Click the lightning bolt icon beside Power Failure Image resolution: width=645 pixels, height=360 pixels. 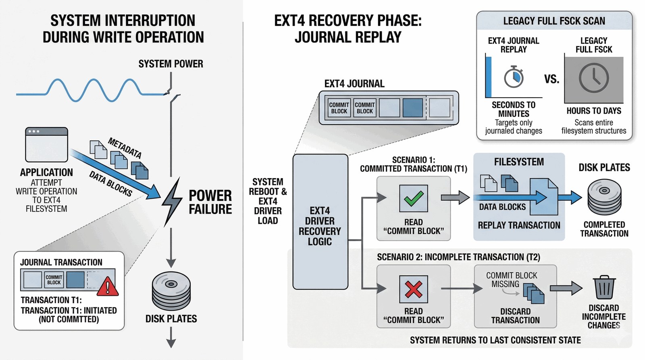pyautogui.click(x=172, y=202)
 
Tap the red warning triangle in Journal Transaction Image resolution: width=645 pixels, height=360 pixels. pyautogui.click(x=107, y=287)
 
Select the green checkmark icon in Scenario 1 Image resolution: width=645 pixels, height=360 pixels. pyautogui.click(x=413, y=198)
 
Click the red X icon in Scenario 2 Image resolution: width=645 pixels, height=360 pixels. pyautogui.click(x=413, y=289)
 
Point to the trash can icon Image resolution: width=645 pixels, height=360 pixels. pyautogui.click(x=604, y=287)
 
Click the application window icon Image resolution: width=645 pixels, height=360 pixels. pyautogui.click(x=46, y=144)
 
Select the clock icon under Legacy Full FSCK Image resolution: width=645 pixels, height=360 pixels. pyautogui.click(x=593, y=78)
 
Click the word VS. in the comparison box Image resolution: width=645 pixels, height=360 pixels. pyautogui.click(x=551, y=79)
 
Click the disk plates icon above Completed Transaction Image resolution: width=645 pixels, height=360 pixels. pyautogui.click(x=604, y=197)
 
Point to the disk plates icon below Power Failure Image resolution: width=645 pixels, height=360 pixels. pyautogui.click(x=171, y=291)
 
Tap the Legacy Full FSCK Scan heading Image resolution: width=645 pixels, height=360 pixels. pyautogui.click(x=554, y=21)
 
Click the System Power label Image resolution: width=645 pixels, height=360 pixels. pyautogui.click(x=171, y=64)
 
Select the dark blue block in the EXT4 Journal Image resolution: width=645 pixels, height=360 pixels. pyautogui.click(x=413, y=108)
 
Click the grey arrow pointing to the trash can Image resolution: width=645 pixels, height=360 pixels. pyautogui.click(x=566, y=288)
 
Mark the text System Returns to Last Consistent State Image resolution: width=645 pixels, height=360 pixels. pyautogui.click(x=495, y=340)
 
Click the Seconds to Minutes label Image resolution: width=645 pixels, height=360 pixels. pyautogui.click(x=514, y=109)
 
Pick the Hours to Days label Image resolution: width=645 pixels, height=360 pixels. pyautogui.click(x=593, y=111)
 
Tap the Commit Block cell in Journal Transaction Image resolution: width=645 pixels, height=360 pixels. pyautogui.click(x=54, y=280)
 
